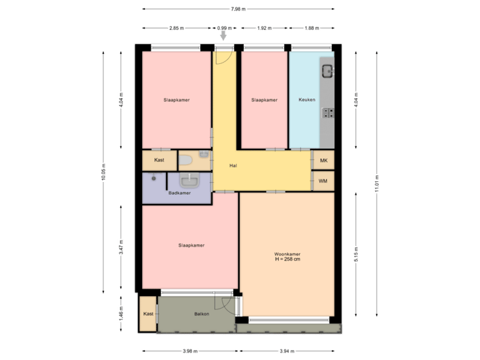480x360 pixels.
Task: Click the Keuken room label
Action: [x=307, y=100]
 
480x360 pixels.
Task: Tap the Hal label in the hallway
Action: [x=233, y=165]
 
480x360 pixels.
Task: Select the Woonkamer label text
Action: [x=287, y=254]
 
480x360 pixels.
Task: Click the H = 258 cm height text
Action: [x=287, y=260]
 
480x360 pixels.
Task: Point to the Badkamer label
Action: [x=179, y=193]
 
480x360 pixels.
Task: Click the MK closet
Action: [x=323, y=161]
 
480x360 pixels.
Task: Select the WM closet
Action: [x=323, y=181]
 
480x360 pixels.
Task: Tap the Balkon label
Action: [x=202, y=313]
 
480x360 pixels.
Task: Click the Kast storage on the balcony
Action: [x=148, y=313]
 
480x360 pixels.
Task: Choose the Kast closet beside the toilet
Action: [x=159, y=161]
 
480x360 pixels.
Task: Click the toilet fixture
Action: [x=186, y=161]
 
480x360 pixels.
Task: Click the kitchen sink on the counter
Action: [x=327, y=69]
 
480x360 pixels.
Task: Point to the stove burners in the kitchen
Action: [x=327, y=112]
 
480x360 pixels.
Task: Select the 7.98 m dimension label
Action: [x=238, y=9]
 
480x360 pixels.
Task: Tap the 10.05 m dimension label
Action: [x=103, y=172]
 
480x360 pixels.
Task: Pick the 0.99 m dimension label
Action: [x=224, y=28]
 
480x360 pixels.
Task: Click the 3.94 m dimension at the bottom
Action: [x=287, y=351]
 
